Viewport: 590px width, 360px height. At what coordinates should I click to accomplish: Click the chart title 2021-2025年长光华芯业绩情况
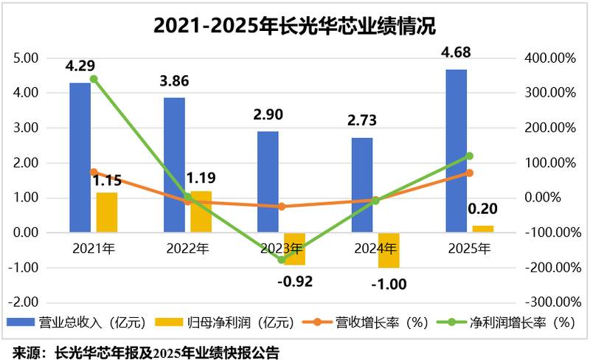click(x=294, y=27)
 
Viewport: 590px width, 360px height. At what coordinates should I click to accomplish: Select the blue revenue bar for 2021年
click(x=80, y=157)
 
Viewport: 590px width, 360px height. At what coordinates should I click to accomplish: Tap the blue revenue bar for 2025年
click(x=456, y=150)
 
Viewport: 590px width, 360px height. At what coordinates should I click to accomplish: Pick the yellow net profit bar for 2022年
click(x=201, y=212)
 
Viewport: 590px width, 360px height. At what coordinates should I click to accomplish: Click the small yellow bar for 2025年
click(x=483, y=229)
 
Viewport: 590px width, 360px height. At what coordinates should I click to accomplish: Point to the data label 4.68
click(x=455, y=53)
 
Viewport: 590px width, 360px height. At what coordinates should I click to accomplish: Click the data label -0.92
click(x=295, y=281)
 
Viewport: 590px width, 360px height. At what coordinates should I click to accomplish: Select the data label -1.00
click(x=389, y=284)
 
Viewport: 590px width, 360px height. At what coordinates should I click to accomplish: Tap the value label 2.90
click(x=267, y=115)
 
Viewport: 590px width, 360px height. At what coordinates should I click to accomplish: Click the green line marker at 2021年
click(x=94, y=79)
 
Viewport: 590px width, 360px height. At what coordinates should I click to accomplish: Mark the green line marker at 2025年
click(x=470, y=156)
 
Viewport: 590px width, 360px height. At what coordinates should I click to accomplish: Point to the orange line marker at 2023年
click(x=282, y=207)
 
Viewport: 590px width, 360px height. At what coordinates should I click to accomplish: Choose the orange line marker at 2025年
click(x=470, y=173)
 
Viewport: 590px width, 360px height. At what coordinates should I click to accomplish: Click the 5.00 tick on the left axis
click(x=27, y=58)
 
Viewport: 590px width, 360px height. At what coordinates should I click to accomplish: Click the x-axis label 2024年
click(x=375, y=249)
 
